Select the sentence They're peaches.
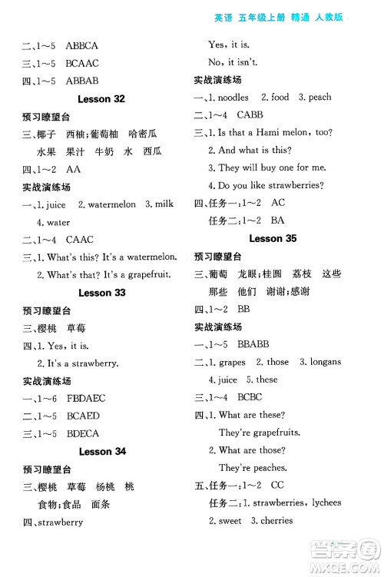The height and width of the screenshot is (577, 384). tap(253, 467)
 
